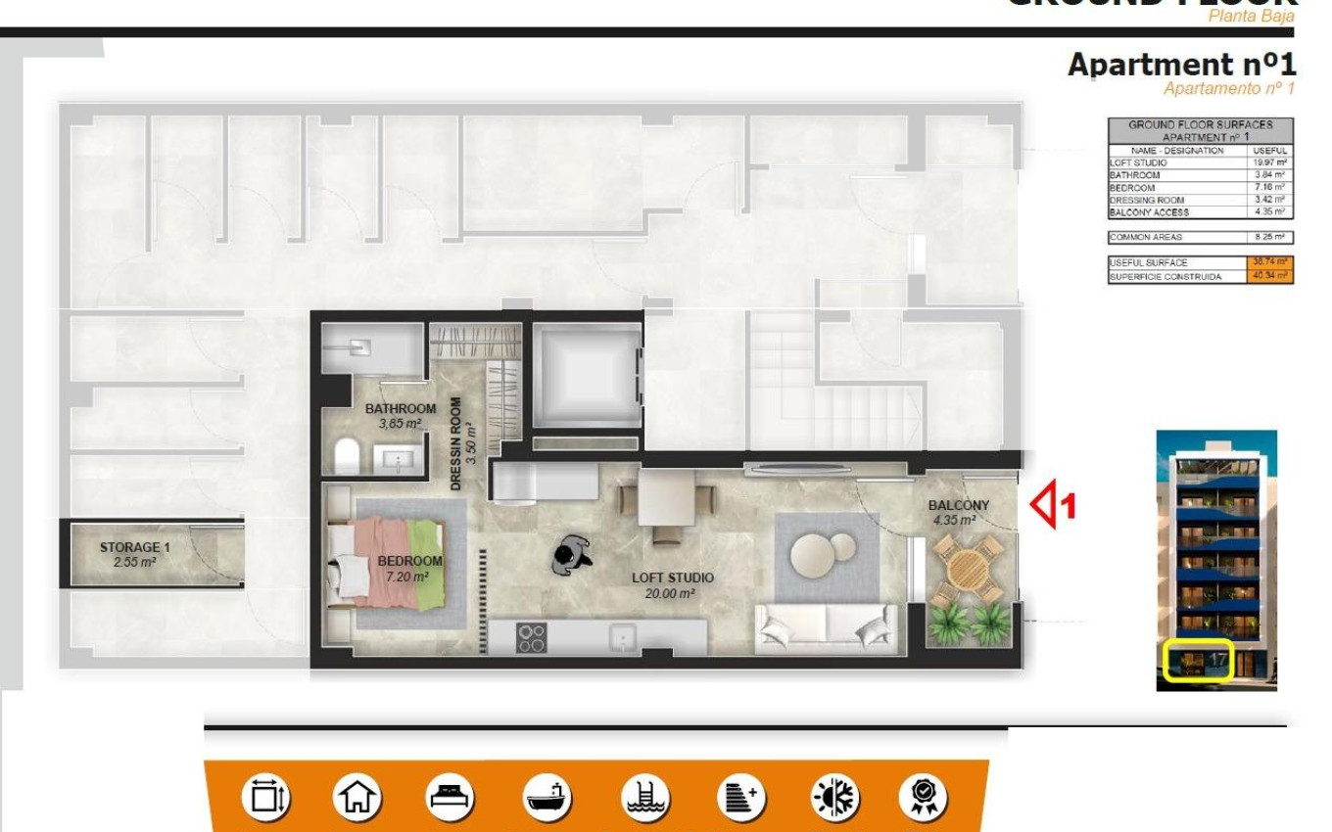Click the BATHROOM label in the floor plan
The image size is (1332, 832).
pyautogui.click(x=400, y=408)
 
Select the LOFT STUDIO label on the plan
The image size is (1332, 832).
pyautogui.click(x=672, y=578)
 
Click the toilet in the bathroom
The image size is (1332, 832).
pyautogui.click(x=347, y=457)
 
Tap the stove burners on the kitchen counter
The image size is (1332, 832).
pyautogui.click(x=532, y=638)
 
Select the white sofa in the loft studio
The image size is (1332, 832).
pyautogui.click(x=826, y=626)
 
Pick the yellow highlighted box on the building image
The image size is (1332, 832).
pyautogui.click(x=1199, y=661)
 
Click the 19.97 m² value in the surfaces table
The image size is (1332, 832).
pyautogui.click(x=1270, y=162)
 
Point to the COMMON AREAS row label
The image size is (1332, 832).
pyautogui.click(x=1145, y=237)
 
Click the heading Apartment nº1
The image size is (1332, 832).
pyautogui.click(x=1181, y=65)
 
